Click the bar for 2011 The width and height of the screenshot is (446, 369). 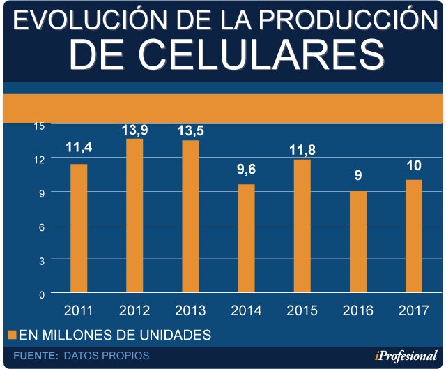click(79, 228)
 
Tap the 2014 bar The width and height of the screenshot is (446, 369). click(246, 238)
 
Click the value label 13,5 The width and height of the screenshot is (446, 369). click(190, 130)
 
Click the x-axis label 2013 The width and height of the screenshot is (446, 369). click(190, 310)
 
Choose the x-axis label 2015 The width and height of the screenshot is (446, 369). click(302, 310)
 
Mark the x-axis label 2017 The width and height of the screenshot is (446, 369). click(413, 310)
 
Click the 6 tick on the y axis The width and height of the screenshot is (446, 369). click(41, 226)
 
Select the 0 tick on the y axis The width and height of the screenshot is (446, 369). click(41, 294)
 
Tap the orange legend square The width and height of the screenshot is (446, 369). click(10, 335)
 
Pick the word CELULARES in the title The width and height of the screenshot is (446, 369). click(228, 55)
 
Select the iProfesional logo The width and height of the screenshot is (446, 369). click(405, 356)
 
